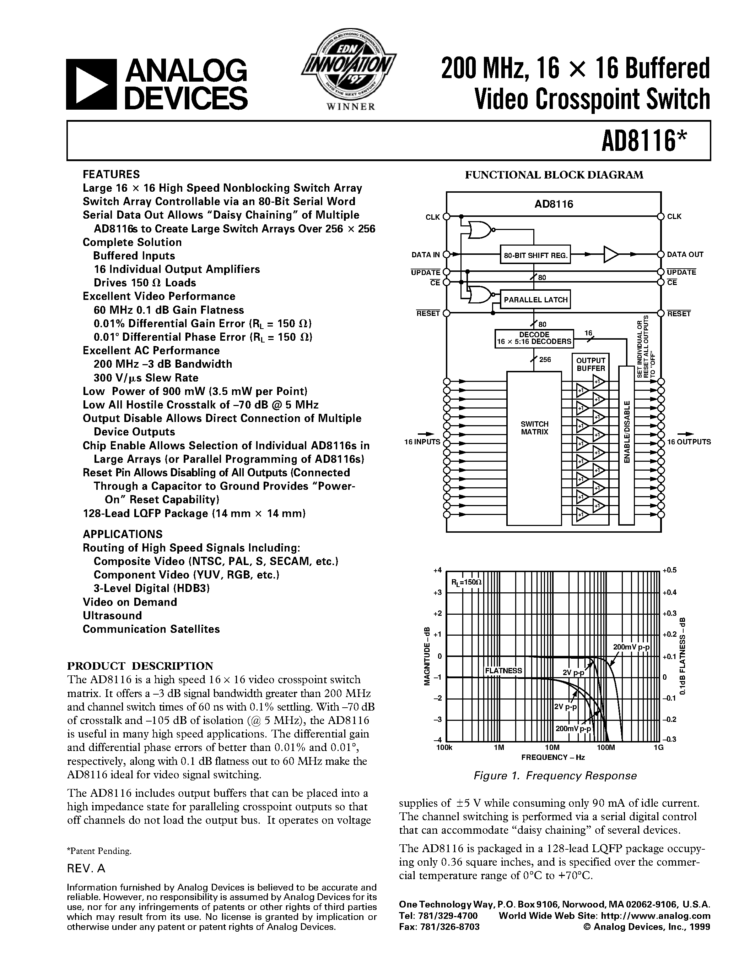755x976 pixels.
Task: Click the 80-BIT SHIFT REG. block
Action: pyautogui.click(x=535, y=255)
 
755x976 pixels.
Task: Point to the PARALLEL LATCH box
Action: pyautogui.click(x=535, y=300)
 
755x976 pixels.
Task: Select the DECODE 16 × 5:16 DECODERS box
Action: pyautogui.click(x=534, y=338)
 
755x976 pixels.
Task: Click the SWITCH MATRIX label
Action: pyautogui.click(x=534, y=428)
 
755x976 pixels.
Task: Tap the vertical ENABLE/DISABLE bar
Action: pyautogui.click(x=626, y=445)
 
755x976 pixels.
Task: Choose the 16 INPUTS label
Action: pyautogui.click(x=422, y=442)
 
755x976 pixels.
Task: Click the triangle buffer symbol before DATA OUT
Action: pyautogui.click(x=611, y=254)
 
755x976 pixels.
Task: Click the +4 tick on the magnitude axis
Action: pyautogui.click(x=437, y=570)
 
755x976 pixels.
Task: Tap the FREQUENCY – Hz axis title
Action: pyautogui.click(x=553, y=757)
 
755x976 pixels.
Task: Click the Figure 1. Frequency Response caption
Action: pyautogui.click(x=555, y=776)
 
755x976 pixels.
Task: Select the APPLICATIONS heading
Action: pyautogui.click(x=122, y=534)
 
